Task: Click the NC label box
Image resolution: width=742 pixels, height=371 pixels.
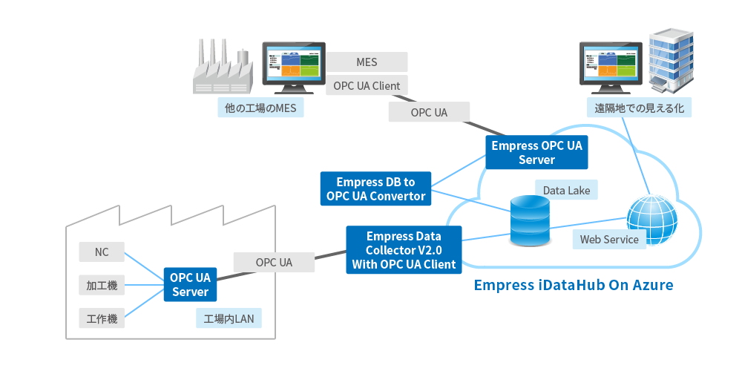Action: [x=102, y=252]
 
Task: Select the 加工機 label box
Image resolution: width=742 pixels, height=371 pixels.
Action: [x=102, y=286]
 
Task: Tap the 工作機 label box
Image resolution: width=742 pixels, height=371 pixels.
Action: [x=102, y=319]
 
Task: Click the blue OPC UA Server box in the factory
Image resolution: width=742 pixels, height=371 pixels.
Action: [x=191, y=285]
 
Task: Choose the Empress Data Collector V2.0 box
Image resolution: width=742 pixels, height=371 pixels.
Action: [x=404, y=249]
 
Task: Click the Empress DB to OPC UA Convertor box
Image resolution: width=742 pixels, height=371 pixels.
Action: [x=375, y=188]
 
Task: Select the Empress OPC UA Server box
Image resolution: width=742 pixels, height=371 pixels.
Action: [x=536, y=153]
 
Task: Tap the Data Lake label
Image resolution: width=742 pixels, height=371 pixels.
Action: [x=566, y=191]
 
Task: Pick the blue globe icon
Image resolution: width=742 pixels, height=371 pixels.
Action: [x=652, y=219]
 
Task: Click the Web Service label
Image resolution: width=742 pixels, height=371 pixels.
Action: [x=609, y=240]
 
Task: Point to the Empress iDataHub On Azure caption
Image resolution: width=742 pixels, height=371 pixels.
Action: [x=573, y=285]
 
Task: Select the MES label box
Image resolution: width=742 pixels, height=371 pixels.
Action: [x=367, y=62]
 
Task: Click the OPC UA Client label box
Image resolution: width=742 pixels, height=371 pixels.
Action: [x=367, y=86]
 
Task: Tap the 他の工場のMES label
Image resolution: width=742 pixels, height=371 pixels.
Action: [x=260, y=108]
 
